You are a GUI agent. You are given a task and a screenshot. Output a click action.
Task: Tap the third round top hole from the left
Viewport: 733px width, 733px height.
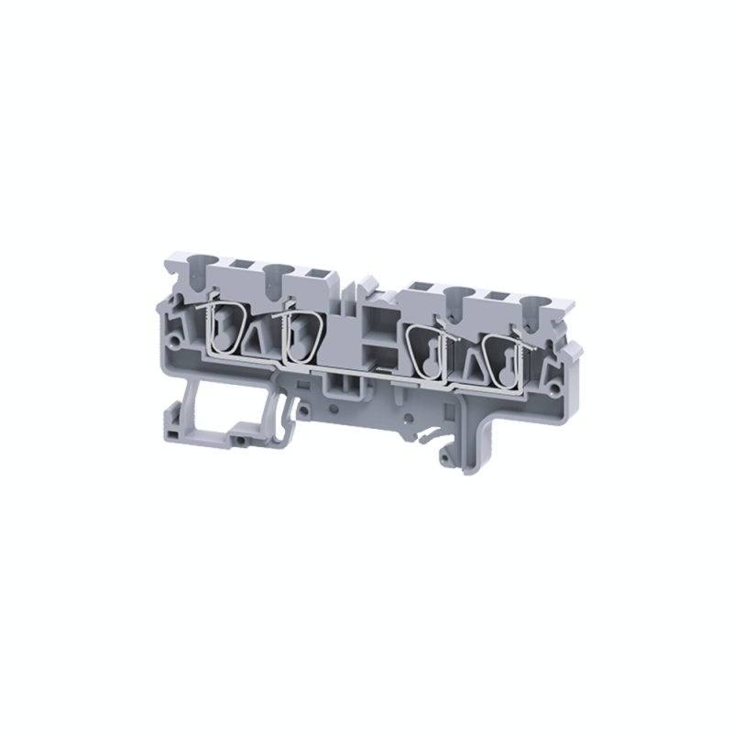point(455,294)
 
